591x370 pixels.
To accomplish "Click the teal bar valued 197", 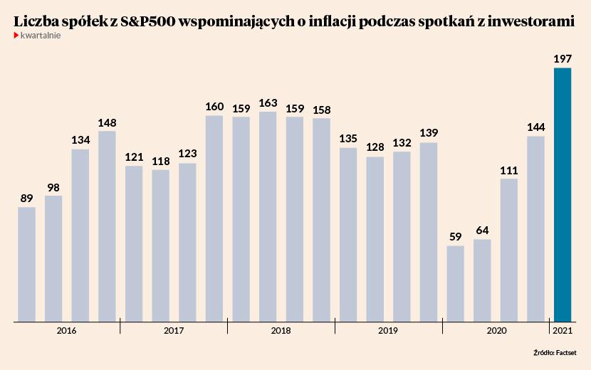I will tap(563, 195).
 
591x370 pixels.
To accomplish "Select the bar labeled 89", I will tap(27, 264).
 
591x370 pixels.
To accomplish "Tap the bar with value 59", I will tap(456, 284).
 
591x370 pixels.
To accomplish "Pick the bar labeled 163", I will tap(268, 216).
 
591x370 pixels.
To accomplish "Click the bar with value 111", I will tap(509, 250).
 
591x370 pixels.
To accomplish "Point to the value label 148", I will tap(108, 122).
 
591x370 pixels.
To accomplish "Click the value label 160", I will tap(214, 107).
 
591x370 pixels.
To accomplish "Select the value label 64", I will tap(482, 231).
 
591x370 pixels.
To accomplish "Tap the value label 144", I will tap(535, 127).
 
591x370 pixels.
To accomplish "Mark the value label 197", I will tap(563, 59).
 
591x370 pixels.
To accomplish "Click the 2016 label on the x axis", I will tap(67, 331).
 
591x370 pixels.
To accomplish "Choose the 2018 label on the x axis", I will tap(281, 331).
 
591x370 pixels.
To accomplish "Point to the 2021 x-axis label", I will tap(563, 331).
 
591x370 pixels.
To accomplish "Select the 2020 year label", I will tap(496, 331).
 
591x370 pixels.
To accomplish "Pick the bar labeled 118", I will tap(161, 245).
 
